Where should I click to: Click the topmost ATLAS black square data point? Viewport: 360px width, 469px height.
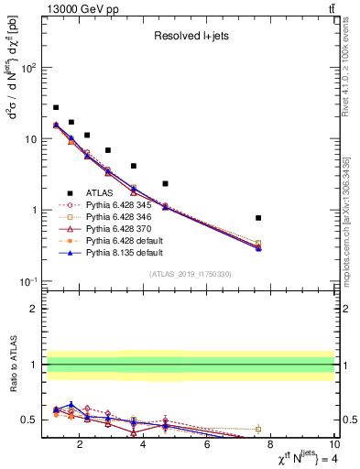(x=56, y=107)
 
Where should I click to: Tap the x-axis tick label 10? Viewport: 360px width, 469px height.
(x=334, y=446)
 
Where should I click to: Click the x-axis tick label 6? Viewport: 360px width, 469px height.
(x=207, y=446)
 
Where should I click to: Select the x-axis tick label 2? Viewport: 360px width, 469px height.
(x=81, y=446)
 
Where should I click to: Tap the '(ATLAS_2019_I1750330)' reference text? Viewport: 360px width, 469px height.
(x=190, y=274)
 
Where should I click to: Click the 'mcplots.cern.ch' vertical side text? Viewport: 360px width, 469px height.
(x=351, y=229)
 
